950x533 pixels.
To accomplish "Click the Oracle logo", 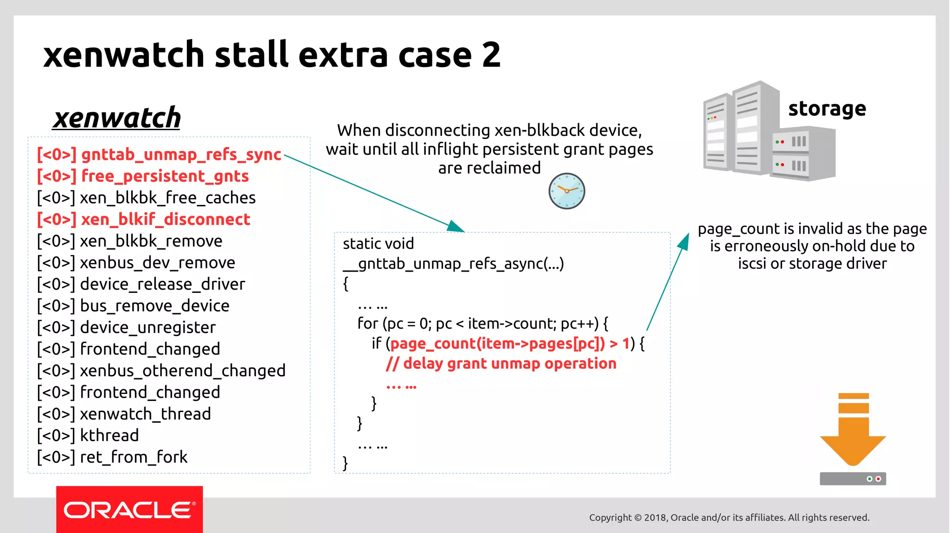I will pos(129,510).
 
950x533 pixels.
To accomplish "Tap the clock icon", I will pos(566,191).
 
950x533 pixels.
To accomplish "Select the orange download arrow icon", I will pos(853,431).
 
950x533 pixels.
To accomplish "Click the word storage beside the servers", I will pos(827,109).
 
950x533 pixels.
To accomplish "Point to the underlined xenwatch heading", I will pos(117,118).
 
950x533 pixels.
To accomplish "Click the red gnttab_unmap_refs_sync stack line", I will pos(159,154).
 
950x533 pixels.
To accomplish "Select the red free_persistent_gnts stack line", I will pos(143,176).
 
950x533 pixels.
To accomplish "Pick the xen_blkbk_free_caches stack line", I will pos(146,198).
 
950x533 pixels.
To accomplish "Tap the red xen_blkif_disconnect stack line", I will pos(143,219).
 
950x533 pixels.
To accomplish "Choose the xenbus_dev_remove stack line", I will pos(136,263).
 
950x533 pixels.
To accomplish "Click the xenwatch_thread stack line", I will pos(124,414).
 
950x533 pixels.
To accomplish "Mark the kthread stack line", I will pos(88,436).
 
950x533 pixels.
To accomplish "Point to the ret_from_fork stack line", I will pos(112,457).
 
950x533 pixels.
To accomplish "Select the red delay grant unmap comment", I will pos(501,364).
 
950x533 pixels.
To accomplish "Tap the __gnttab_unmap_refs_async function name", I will pos(453,264).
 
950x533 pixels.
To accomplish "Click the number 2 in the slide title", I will pos(491,55).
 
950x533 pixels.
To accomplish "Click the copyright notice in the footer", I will pos(729,517).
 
